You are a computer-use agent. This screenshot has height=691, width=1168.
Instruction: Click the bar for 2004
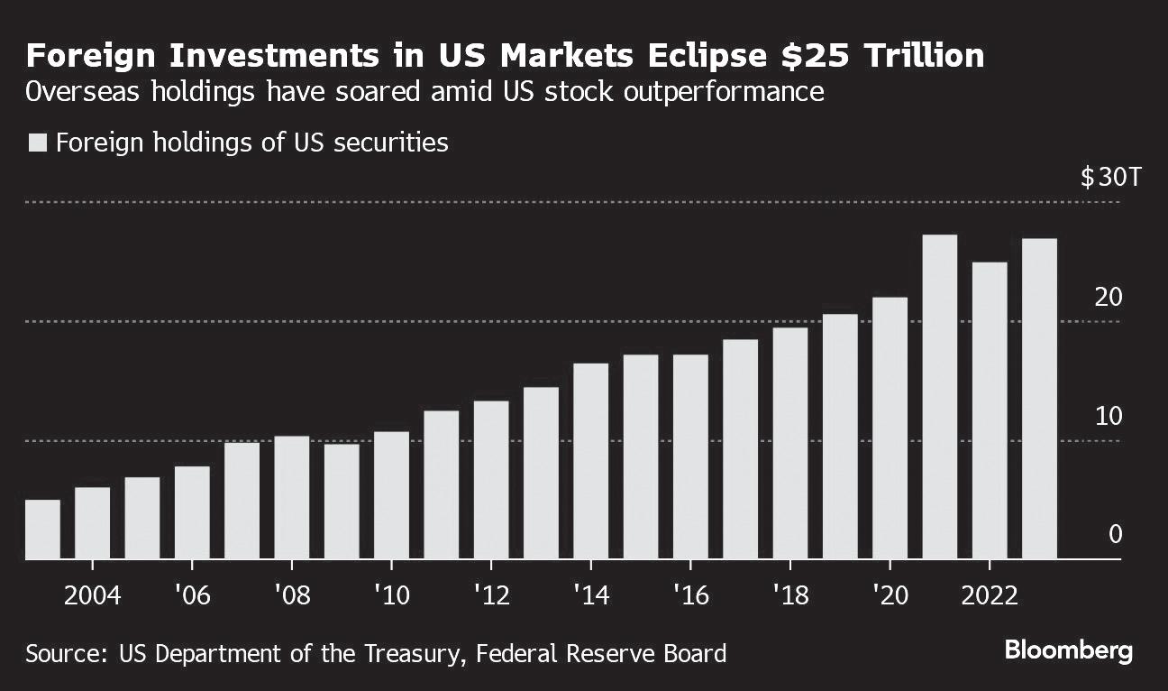point(92,523)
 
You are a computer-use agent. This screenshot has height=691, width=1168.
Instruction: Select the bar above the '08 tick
point(292,498)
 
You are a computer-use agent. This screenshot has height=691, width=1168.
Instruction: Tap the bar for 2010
point(391,495)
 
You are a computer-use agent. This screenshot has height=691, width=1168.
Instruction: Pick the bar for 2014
point(590,461)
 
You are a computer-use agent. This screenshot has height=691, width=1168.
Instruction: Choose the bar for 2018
point(790,443)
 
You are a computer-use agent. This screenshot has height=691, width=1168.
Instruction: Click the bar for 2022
point(990,410)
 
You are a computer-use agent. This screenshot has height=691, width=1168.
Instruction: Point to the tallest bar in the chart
point(940,397)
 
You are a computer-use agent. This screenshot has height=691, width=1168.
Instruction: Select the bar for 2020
point(890,428)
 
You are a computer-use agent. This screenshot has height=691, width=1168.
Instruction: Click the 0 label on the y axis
point(1116,535)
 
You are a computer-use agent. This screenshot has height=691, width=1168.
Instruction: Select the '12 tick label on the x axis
point(490,595)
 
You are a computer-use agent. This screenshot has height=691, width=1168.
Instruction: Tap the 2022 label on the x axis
point(990,595)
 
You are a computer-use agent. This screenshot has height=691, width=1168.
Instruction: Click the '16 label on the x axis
point(689,595)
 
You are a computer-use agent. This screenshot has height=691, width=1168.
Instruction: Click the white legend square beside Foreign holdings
point(38,143)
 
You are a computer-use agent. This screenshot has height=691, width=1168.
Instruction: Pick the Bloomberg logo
point(1068,651)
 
